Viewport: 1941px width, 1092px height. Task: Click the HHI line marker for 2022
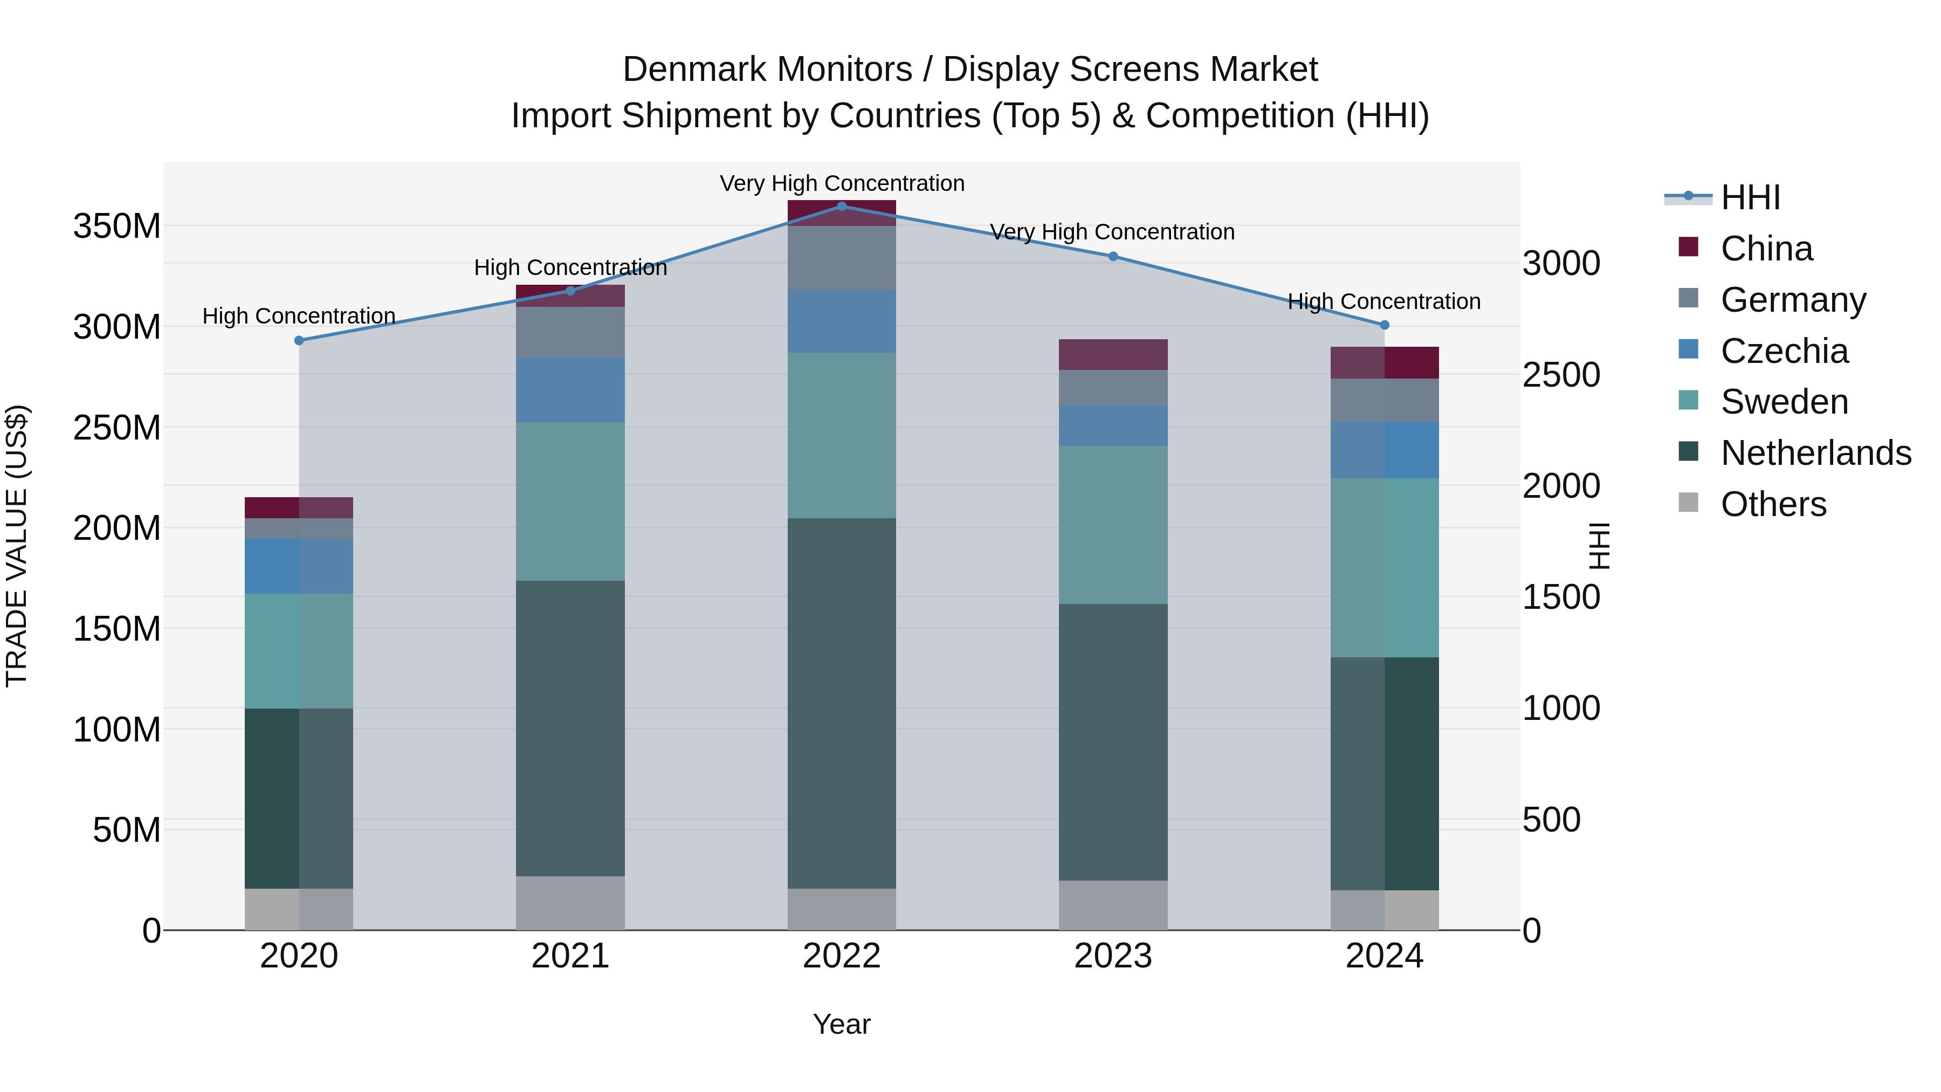point(842,206)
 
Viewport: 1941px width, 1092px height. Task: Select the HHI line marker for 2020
point(299,341)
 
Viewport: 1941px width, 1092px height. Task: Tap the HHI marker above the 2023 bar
point(1113,256)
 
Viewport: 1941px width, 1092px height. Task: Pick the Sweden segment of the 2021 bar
point(570,501)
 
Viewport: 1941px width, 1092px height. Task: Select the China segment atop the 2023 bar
point(1113,354)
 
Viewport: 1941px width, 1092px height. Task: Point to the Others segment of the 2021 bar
point(570,902)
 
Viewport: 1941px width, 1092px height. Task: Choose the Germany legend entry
point(1793,300)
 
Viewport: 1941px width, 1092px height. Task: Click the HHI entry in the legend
point(1750,197)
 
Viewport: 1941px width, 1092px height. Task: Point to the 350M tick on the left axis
point(117,226)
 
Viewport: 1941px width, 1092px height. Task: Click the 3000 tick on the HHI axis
point(1560,264)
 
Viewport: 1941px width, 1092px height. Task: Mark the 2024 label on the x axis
point(1384,956)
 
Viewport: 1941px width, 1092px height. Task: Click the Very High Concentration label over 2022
point(842,183)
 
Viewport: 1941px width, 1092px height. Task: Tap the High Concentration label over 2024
point(1384,301)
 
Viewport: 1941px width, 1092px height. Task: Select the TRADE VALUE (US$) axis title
point(17,546)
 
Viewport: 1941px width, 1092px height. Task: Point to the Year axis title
point(842,1024)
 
